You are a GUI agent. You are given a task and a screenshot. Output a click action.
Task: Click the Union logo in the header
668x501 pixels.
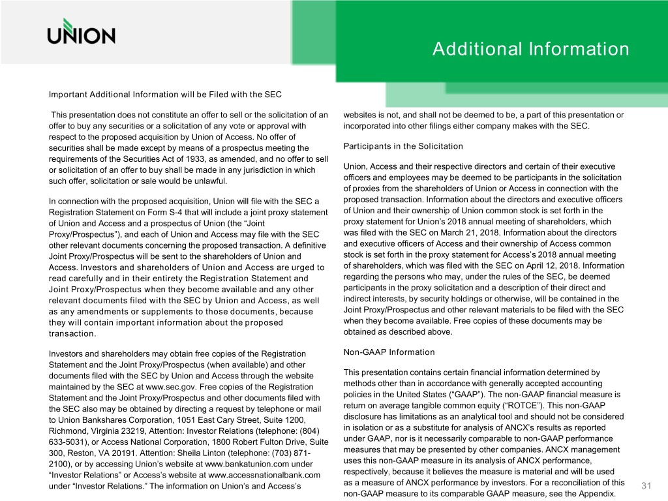(81, 32)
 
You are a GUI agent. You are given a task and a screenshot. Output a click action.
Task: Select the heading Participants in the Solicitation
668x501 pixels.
(402, 145)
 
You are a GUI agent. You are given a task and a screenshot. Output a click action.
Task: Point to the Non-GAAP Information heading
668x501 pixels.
(388, 352)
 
